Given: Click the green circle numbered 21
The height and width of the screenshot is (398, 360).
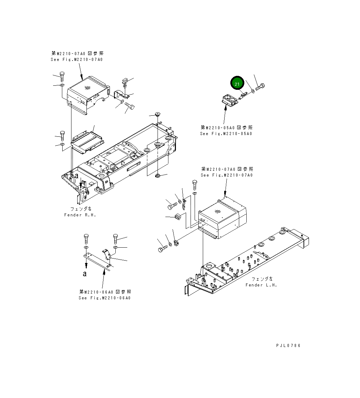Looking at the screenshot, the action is click(237, 83).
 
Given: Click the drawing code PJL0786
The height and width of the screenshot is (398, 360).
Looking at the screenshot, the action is click(288, 346).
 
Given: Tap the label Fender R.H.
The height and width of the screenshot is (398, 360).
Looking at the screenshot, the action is click(80, 215).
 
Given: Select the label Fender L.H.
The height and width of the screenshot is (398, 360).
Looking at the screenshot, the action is click(261, 285).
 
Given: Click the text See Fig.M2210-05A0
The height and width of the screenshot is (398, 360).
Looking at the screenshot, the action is click(226, 134).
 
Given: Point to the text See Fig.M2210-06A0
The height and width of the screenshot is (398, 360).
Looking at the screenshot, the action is click(104, 298).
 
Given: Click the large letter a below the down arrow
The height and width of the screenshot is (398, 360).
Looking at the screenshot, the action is click(85, 273).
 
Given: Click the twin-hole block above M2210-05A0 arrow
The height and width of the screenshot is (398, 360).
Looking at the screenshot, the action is click(230, 101).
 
